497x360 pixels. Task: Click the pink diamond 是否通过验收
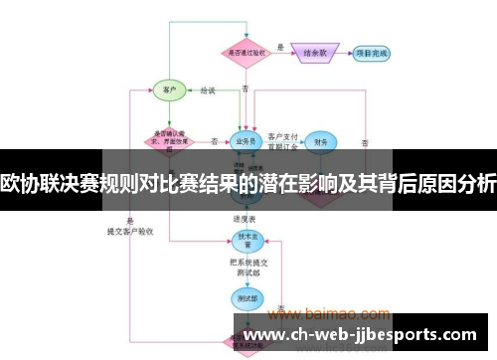tap(245, 53)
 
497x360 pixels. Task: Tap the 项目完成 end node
tap(373, 53)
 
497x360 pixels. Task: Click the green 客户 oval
tap(169, 90)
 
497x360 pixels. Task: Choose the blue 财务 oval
tap(318, 142)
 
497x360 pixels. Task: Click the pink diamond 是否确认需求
tap(171, 139)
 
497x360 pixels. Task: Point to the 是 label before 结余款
tap(280, 47)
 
